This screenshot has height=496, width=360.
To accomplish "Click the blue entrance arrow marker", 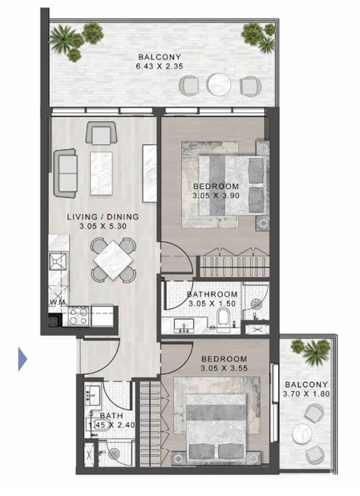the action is pos(22,359).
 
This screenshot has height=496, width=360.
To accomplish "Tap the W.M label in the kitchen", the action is pos(57,302).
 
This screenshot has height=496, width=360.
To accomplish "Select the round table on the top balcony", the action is pos(219,84).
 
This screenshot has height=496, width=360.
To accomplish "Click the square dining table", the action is pos(113,260).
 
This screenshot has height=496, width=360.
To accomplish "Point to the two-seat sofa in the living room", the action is pos(66,173).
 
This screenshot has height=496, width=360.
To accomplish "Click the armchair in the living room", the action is pos(101,133).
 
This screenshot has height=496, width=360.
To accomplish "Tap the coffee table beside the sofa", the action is pos(101,173).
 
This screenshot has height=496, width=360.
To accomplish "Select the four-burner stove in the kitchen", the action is pos(79,317).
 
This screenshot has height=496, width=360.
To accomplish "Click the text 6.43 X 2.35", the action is pos(160,67).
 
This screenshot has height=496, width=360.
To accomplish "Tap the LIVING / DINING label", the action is pos(103,216).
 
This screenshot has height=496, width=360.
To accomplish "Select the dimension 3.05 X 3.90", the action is pos(216,196).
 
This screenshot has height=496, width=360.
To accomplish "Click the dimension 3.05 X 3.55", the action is pos(224,369).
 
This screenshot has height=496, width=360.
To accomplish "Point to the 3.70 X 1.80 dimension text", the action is pos(306,393).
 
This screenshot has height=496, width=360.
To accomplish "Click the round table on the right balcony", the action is pos(302,433).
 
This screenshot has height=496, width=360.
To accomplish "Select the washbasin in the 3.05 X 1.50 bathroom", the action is pos(184,325).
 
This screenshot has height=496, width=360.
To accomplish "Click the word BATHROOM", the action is pos(212,294).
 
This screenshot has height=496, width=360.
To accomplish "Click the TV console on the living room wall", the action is pos(149,173).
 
